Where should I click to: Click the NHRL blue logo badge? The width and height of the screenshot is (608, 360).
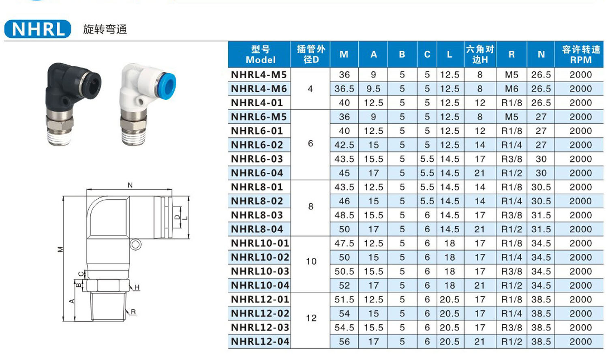click(x=37, y=29)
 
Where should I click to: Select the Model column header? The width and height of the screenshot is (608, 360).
click(x=260, y=54)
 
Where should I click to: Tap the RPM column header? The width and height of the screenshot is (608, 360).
click(x=580, y=54)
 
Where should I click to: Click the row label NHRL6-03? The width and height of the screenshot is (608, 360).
click(x=257, y=159)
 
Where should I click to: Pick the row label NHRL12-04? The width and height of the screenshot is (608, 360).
click(x=260, y=341)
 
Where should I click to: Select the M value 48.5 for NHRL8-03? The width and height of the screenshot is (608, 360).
click(x=344, y=215)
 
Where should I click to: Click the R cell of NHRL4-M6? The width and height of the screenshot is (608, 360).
click(x=512, y=89)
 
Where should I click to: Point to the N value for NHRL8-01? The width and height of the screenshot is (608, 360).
click(x=541, y=187)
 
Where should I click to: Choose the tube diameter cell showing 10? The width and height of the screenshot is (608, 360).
click(x=311, y=261)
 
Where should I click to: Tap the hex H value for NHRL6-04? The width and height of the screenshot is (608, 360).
click(x=480, y=173)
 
